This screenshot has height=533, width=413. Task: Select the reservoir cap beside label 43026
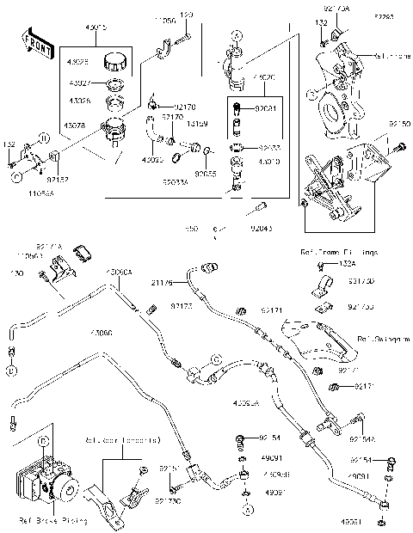(114, 64)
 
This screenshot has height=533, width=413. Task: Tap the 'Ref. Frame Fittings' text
(340, 252)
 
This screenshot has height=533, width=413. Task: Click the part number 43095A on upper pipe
(120, 272)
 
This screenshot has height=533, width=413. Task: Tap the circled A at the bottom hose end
(247, 511)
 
